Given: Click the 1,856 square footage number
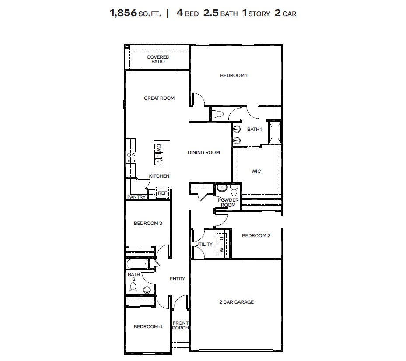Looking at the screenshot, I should tap(123, 13).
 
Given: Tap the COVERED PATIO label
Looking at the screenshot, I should tap(158, 60).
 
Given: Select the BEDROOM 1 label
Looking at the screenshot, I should tap(234, 76).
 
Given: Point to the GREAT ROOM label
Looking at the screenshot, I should tap(159, 98).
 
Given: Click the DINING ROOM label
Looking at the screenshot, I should tap(203, 153).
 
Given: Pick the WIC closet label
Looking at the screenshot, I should tap(256, 171).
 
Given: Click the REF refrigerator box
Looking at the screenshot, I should tap(162, 193).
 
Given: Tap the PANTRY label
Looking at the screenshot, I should tap(136, 197).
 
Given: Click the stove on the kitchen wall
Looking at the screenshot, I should tap(131, 157).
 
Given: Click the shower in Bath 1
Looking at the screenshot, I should tap(274, 132).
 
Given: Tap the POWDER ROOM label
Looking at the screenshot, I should tap(228, 203).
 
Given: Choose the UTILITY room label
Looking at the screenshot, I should tap(204, 245).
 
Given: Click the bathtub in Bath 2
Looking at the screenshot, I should tap(137, 264).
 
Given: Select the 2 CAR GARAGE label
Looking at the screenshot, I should tap(236, 302).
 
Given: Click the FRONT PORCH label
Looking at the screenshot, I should tap(180, 326).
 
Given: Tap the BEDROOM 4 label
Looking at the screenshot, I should tap(148, 327).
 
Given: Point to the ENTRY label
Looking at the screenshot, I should tap(177, 279).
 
